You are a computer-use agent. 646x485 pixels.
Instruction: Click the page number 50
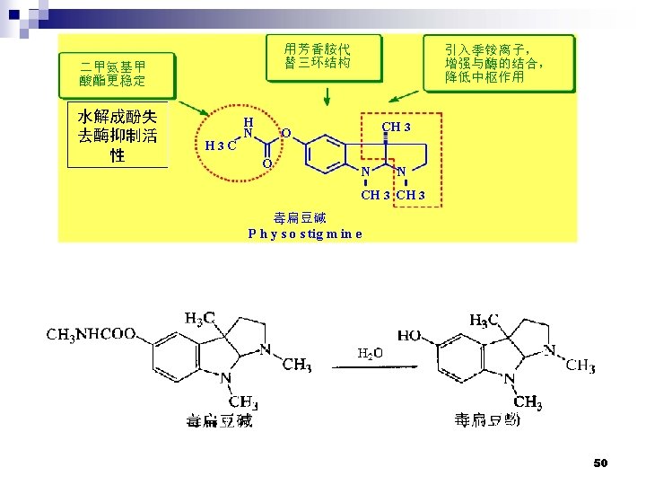click(600, 463)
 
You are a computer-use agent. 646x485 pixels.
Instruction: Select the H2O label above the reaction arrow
click(371, 353)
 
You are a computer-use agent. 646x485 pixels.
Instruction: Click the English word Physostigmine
click(305, 234)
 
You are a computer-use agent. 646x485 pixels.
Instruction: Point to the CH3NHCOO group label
click(91, 335)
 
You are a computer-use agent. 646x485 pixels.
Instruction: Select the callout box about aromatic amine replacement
click(318, 55)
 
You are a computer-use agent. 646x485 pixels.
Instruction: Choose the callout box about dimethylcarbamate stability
click(113, 74)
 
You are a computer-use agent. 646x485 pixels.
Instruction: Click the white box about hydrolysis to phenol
click(118, 137)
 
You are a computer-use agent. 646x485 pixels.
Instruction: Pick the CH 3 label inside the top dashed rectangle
click(396, 127)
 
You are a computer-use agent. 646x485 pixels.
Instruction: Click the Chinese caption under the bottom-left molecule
click(220, 419)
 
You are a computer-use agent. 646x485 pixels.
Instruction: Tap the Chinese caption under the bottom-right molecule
click(487, 419)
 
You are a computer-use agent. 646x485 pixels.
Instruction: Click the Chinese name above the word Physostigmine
click(300, 217)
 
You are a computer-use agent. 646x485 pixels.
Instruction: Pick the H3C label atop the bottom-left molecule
click(199, 317)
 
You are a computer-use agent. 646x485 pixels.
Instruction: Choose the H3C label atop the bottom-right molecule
click(484, 319)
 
